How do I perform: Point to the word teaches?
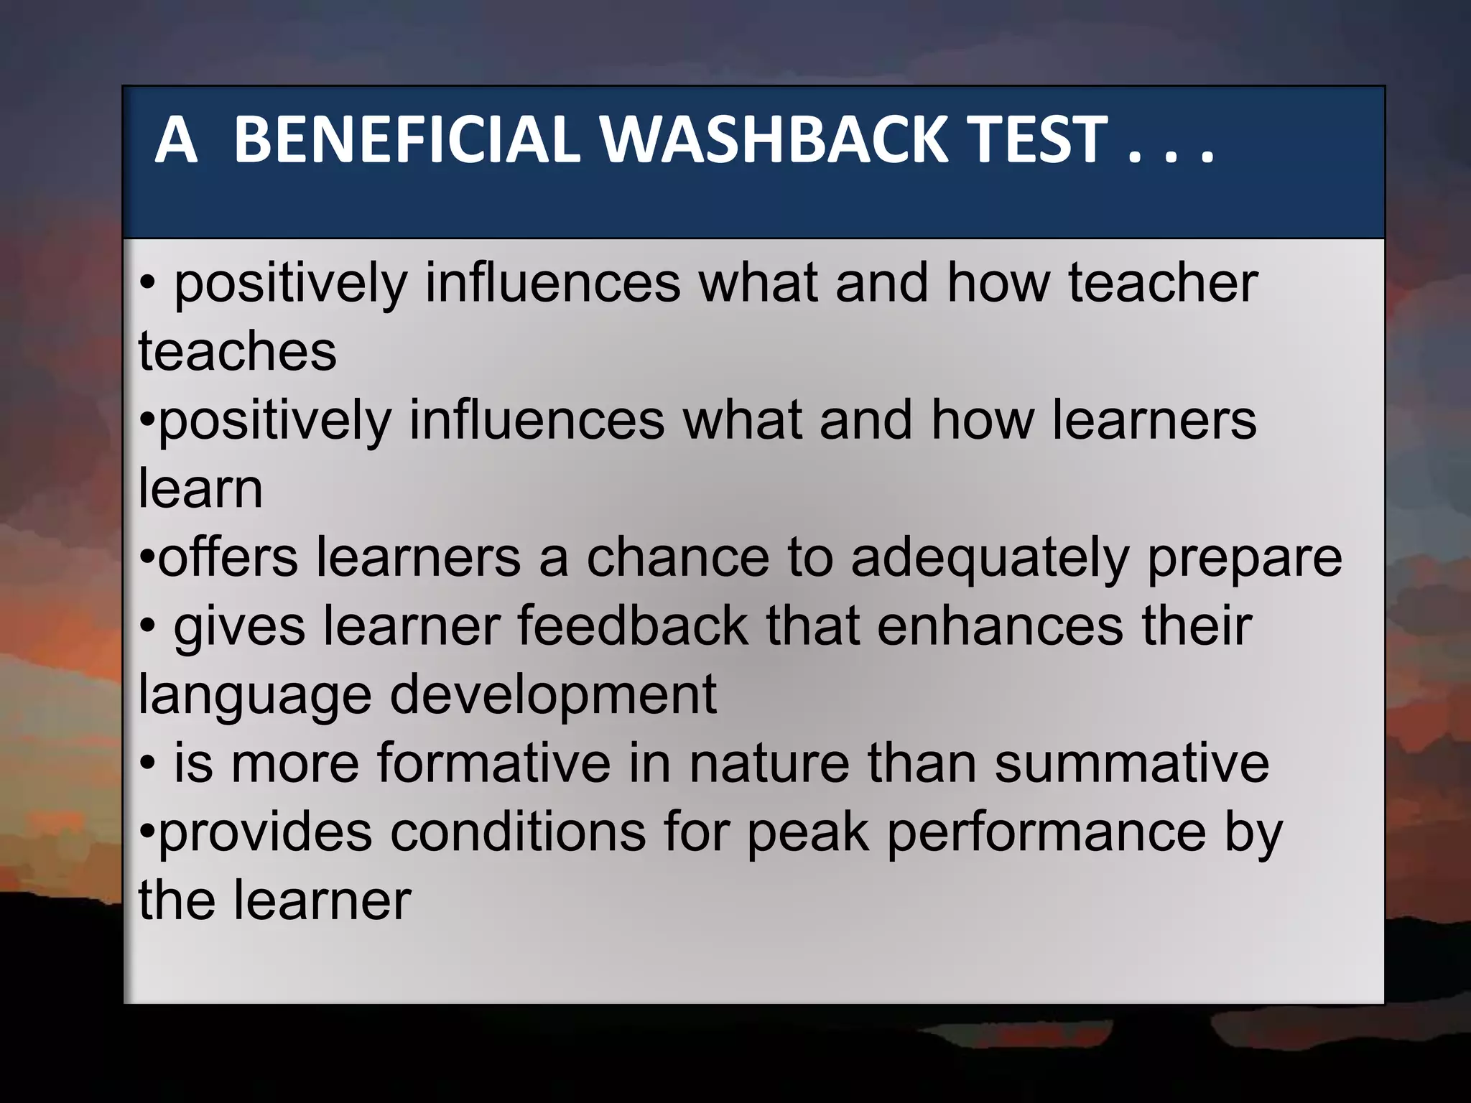[x=237, y=351]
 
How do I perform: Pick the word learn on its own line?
[x=200, y=489]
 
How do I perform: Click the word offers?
[x=227, y=557]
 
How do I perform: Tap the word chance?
[x=677, y=557]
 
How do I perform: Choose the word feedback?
[x=632, y=625]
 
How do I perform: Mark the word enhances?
[x=999, y=625]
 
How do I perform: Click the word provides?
[x=265, y=832]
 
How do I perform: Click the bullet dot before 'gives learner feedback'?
[x=147, y=626]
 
